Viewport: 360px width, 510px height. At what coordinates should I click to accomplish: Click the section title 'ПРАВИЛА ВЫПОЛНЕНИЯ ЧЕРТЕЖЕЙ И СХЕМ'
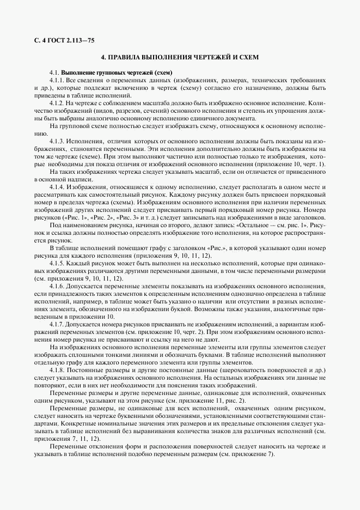(x=184, y=57)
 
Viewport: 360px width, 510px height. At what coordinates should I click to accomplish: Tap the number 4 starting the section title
(x=103, y=57)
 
